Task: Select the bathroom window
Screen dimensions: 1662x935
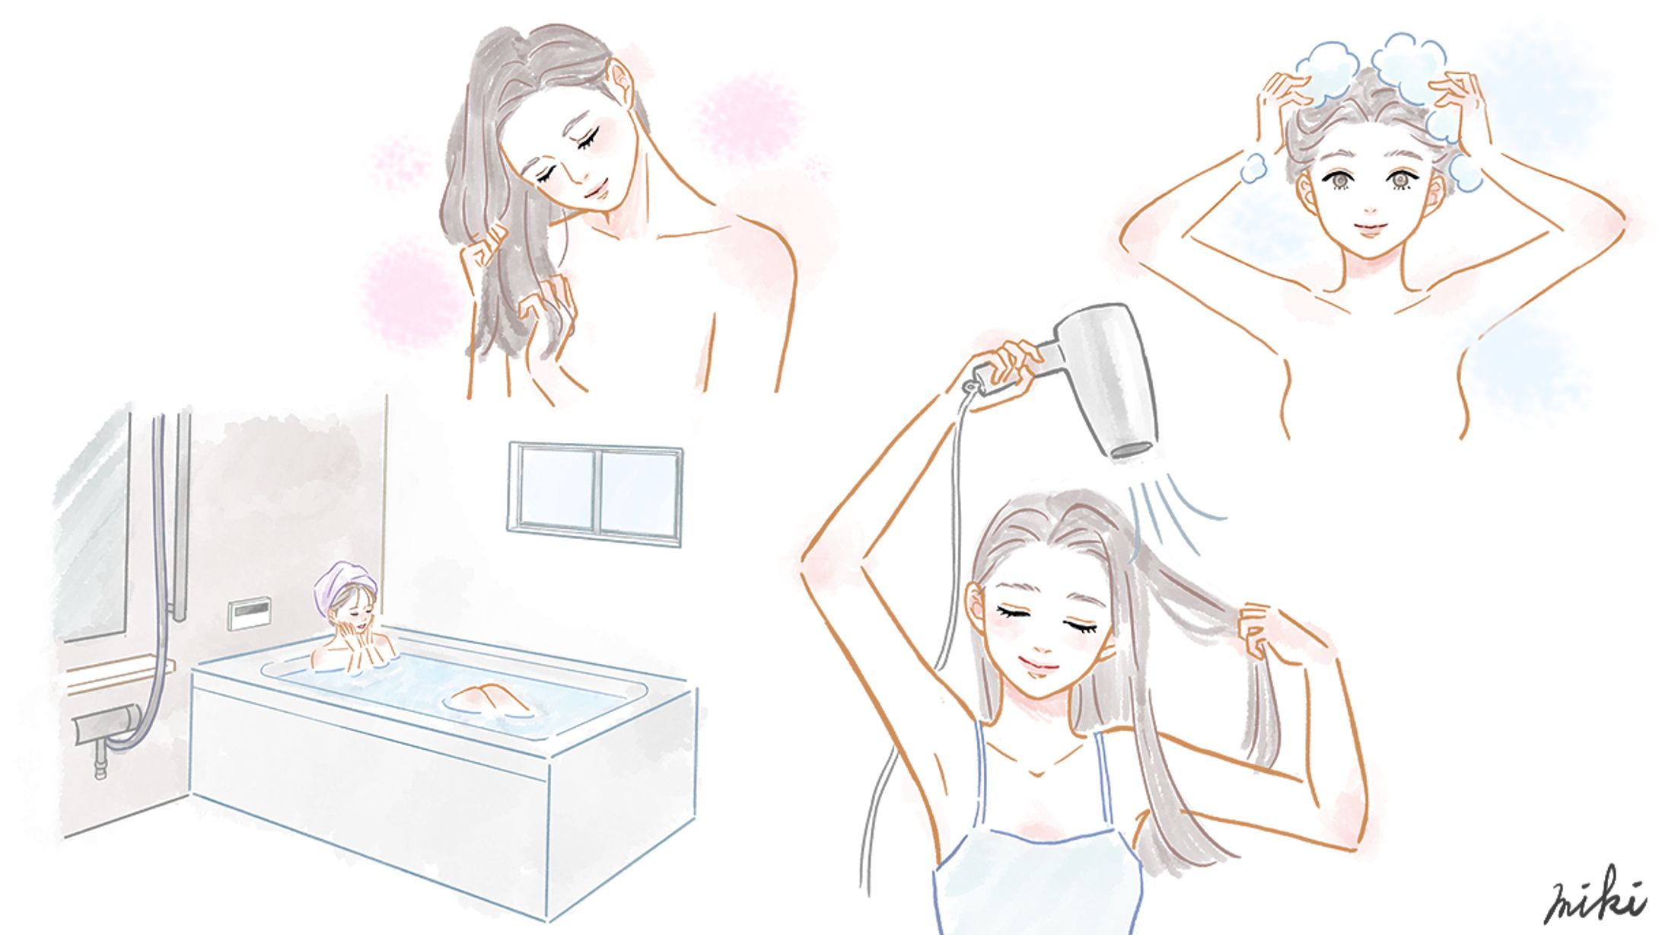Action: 594,493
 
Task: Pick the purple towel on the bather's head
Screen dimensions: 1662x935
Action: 344,582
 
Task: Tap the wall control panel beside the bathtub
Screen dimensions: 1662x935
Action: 250,613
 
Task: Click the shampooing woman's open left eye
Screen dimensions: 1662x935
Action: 1399,180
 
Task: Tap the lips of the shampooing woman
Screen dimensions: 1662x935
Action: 1367,227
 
